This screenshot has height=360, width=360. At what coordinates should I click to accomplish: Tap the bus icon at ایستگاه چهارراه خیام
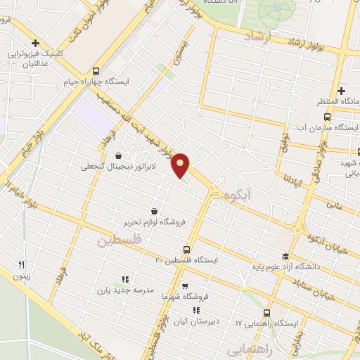(96, 70)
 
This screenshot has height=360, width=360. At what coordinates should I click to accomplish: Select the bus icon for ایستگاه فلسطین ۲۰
(186, 249)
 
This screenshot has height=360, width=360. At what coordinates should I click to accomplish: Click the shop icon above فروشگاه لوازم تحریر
(154, 210)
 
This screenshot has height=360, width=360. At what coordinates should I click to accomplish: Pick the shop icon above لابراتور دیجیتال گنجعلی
(117, 155)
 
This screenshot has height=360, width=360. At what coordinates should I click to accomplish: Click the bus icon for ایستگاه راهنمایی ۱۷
(266, 313)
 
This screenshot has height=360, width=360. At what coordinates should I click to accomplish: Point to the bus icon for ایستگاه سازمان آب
(327, 117)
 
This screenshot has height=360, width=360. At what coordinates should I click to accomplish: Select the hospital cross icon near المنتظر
(341, 91)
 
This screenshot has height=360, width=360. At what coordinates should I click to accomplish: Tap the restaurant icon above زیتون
(21, 264)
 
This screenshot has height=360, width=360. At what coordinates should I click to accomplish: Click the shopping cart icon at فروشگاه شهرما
(185, 286)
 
